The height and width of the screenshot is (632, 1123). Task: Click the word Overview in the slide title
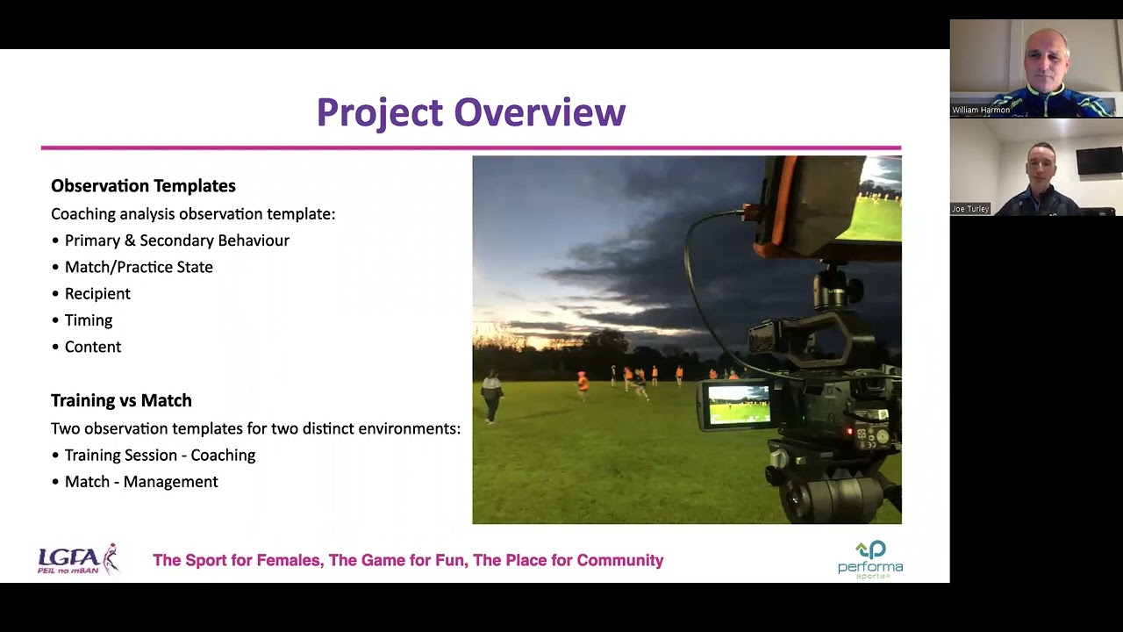point(540,112)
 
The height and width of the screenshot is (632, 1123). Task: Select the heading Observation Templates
point(143,186)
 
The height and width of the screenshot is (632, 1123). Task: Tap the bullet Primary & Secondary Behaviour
point(176,241)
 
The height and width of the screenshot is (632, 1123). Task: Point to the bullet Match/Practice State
point(139,267)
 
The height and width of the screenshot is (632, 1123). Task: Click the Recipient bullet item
point(97,294)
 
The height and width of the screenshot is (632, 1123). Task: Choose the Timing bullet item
point(89,320)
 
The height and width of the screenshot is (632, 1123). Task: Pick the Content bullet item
point(93,347)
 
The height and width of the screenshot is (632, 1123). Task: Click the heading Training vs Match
point(121,400)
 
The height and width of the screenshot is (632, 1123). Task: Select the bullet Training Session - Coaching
point(160,456)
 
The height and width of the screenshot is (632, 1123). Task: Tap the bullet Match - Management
point(141,482)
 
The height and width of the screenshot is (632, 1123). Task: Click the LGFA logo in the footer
point(77,559)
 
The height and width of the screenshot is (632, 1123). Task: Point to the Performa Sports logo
point(869,559)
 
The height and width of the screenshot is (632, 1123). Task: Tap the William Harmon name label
point(981,111)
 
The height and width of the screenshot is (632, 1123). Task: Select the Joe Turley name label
point(970,209)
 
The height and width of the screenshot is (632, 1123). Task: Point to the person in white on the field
point(491,395)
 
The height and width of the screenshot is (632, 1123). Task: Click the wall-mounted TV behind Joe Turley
point(1098,161)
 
